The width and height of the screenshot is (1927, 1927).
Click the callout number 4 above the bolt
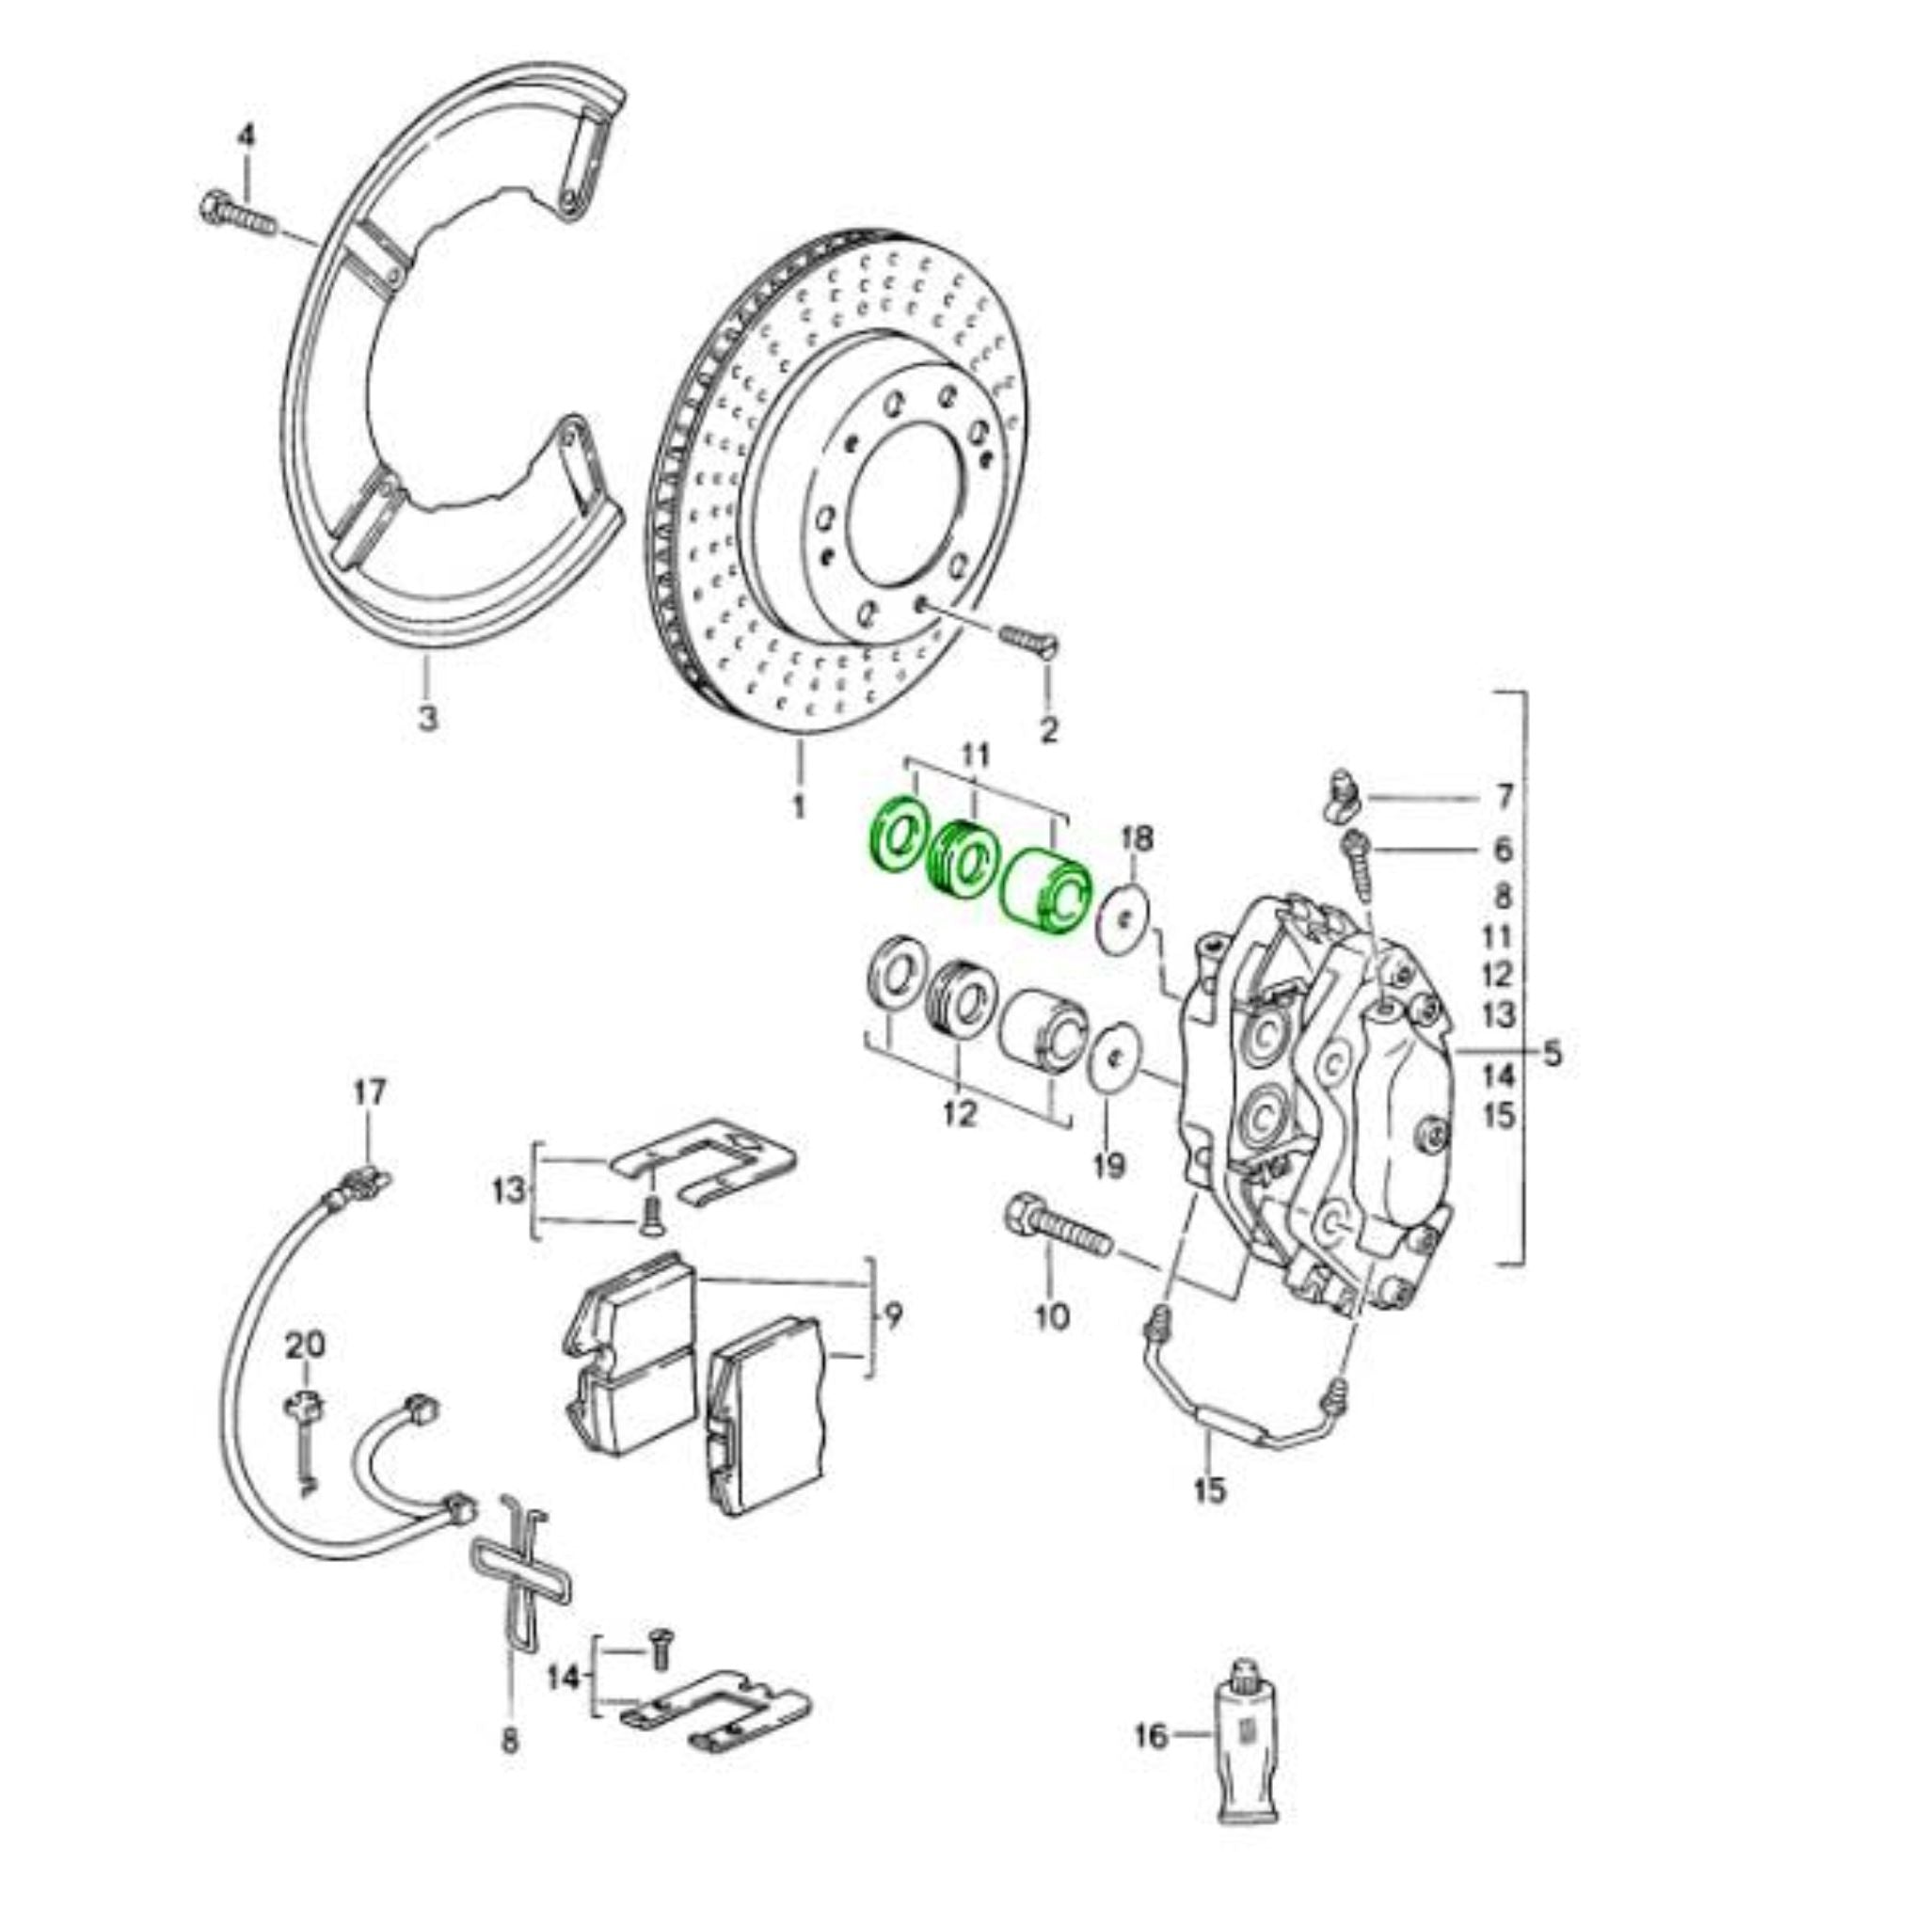(246, 135)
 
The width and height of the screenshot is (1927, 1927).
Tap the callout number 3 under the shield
(427, 717)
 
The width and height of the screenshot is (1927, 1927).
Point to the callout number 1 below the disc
(798, 806)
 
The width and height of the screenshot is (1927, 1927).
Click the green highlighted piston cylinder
(1045, 892)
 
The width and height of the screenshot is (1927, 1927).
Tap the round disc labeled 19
(1118, 1059)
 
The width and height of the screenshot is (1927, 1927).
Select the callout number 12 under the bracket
(961, 1114)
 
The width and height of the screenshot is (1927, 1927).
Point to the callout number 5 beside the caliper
(1551, 1053)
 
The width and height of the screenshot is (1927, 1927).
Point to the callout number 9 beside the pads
(893, 1317)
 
